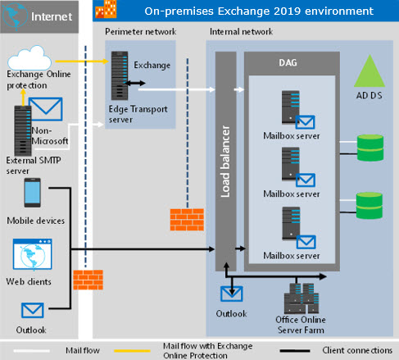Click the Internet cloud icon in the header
(x=16, y=15)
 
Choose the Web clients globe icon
(x=29, y=256)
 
